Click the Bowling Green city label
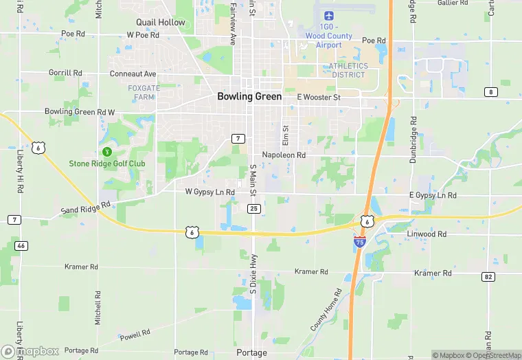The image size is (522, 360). (249, 97)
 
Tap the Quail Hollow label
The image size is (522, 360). (161, 22)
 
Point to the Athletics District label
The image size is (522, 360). (348, 70)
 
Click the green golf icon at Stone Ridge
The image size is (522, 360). (106, 151)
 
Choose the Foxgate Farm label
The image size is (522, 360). (142, 93)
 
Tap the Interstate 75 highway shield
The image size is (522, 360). (360, 242)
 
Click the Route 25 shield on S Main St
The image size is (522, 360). (253, 208)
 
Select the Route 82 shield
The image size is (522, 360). (488, 276)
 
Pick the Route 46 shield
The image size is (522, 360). (22, 245)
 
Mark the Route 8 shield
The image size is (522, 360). (490, 92)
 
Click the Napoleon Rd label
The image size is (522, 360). (284, 155)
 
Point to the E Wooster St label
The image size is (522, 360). (319, 98)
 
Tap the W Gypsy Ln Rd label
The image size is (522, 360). (210, 192)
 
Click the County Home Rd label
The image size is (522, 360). (326, 310)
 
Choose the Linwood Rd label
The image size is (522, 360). (427, 234)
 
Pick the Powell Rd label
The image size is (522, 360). (135, 335)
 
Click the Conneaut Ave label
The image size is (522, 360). (133, 74)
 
